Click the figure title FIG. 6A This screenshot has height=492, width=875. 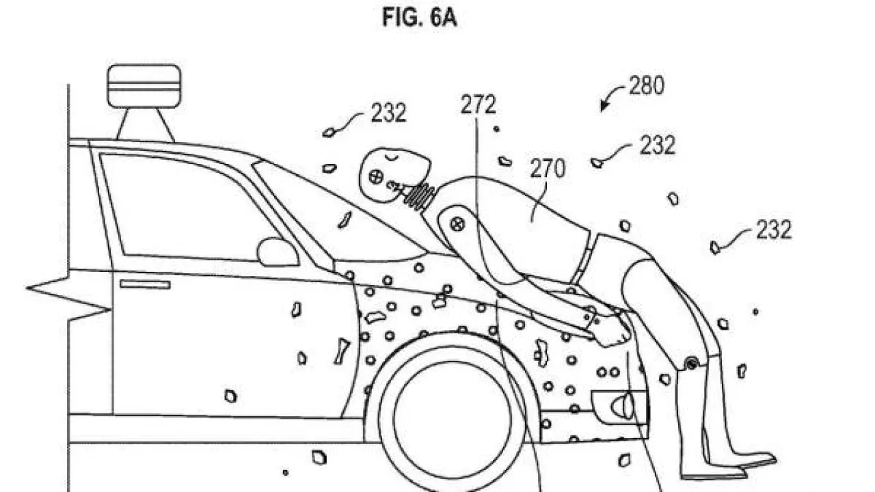[419, 18]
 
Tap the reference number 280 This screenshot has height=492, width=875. [645, 87]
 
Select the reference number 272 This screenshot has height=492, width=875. [478, 105]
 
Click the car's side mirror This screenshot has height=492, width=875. [277, 252]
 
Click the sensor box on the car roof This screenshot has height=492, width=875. [144, 85]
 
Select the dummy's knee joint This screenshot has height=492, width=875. [692, 364]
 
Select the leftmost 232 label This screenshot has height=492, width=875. [388, 113]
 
